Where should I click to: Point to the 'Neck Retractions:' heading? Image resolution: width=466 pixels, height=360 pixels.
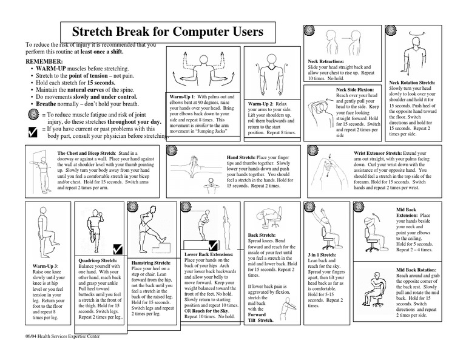(x=326, y=62)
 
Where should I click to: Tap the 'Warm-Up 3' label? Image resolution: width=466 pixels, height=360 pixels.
(x=43, y=266)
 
